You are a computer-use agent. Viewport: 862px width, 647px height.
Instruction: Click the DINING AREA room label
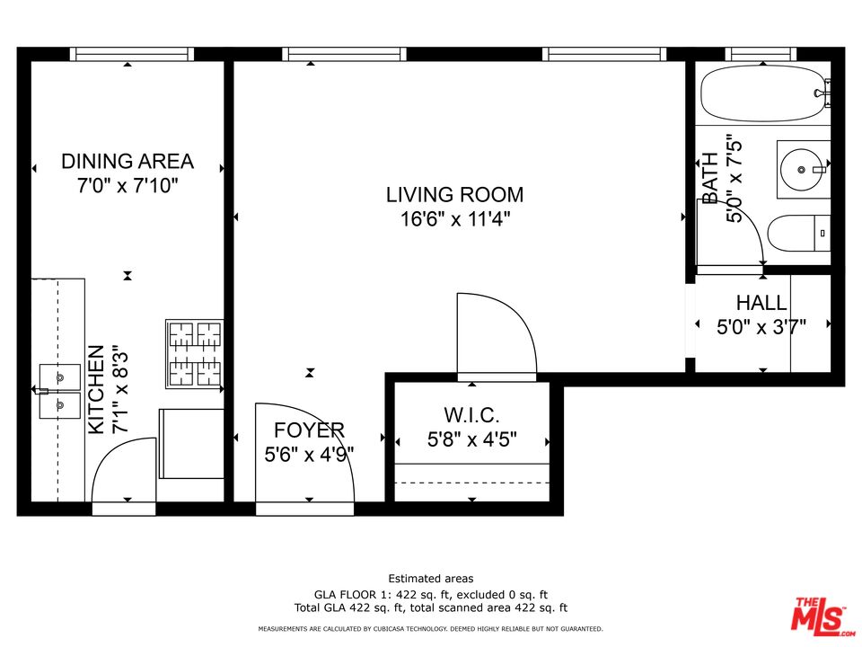point(128,161)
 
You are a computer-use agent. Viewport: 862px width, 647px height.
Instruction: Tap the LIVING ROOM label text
point(454,195)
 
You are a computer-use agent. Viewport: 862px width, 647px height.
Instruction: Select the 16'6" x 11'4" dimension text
point(455,219)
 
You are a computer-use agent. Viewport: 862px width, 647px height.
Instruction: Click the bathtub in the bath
point(762,93)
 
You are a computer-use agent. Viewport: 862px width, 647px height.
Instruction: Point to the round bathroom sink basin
point(802,170)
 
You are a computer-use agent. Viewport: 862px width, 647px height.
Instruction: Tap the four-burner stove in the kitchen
point(195,354)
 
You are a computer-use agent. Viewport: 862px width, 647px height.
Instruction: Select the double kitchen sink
point(59,391)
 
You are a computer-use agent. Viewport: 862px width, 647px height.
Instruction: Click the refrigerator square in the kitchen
point(191,443)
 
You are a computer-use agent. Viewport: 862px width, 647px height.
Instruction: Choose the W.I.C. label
point(471,414)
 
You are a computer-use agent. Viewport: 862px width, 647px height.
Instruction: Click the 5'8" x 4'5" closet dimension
point(471,439)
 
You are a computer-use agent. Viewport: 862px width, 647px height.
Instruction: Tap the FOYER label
point(309,430)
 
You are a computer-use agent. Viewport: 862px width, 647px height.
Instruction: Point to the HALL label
point(761,303)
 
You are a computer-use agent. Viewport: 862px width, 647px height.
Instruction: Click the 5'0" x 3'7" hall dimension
point(761,327)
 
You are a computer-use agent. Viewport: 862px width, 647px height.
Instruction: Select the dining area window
point(132,54)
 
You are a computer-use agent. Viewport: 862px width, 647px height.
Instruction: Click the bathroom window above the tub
point(761,54)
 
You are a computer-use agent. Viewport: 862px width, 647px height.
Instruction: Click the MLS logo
point(822,614)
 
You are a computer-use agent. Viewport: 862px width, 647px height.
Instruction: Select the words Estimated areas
point(430,578)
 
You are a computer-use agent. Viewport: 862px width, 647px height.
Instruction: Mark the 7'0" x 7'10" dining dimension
point(128,186)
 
